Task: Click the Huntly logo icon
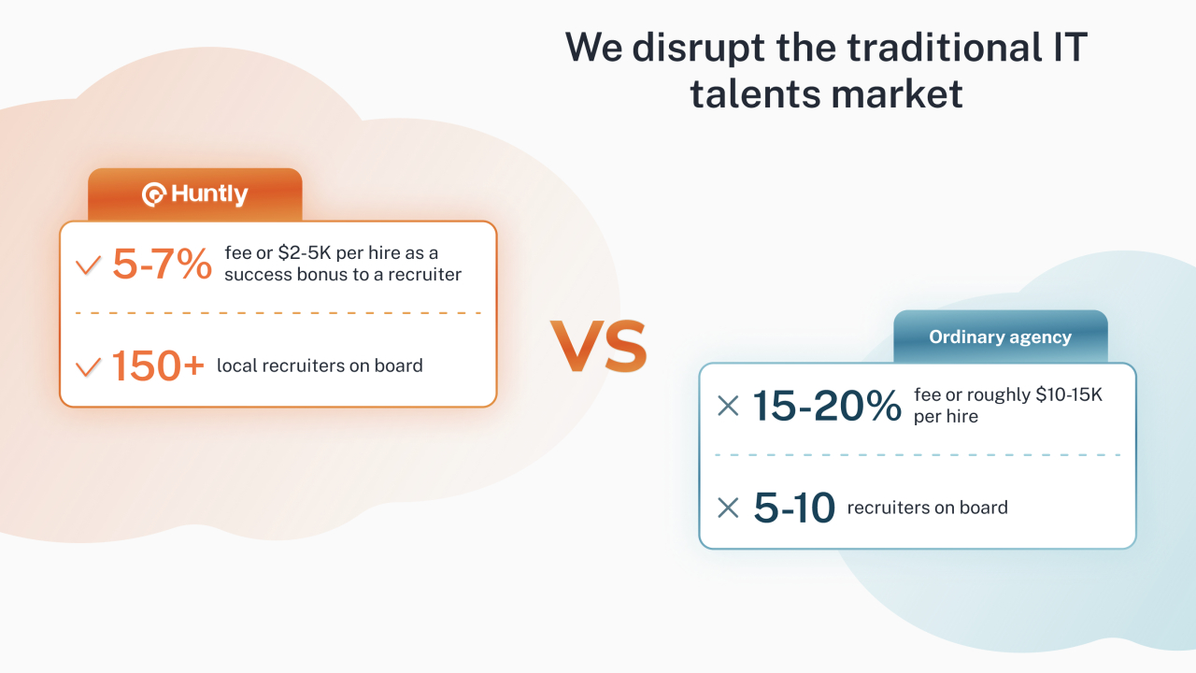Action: [154, 194]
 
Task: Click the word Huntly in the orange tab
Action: [209, 194]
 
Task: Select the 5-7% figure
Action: [163, 264]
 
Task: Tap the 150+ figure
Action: [158, 365]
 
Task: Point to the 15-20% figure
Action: [827, 406]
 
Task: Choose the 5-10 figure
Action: [794, 508]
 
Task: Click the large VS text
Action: [599, 346]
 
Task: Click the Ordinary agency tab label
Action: [1000, 337]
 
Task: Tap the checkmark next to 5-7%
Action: [88, 265]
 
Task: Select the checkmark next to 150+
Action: [88, 367]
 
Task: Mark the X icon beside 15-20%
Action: [728, 406]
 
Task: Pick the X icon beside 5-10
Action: [728, 508]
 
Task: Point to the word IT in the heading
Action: [1070, 47]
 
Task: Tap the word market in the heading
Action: [896, 94]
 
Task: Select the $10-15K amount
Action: [1069, 394]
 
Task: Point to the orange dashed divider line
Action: [278, 313]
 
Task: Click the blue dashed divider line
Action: [918, 455]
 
